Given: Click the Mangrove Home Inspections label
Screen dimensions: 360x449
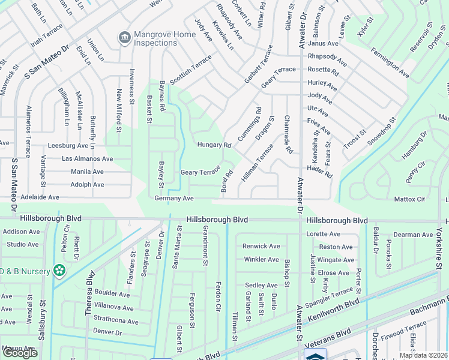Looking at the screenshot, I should click(164, 39).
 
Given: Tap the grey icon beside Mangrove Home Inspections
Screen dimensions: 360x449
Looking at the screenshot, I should click(124, 38).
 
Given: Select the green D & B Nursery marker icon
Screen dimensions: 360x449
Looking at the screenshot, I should click(59, 271).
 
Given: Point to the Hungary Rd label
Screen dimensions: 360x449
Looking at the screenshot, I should click(214, 145).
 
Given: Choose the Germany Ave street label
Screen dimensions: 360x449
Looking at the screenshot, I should click(173, 198).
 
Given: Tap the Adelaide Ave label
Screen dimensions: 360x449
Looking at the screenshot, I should click(40, 197).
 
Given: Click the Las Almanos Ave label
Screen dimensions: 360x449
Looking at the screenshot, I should click(88, 159).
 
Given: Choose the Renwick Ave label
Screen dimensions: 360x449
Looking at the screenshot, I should click(261, 246).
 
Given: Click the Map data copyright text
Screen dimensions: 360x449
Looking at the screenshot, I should click(423, 355).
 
